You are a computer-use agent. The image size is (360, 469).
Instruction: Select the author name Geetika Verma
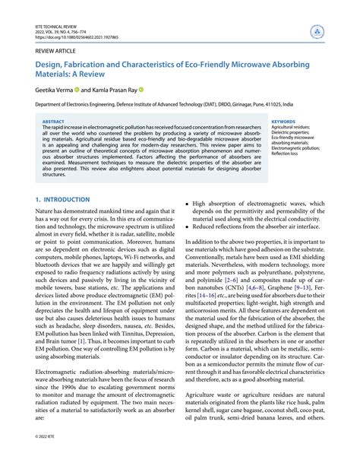46,89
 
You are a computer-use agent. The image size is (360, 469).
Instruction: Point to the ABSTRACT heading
53,121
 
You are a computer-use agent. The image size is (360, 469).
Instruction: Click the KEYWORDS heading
284,121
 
